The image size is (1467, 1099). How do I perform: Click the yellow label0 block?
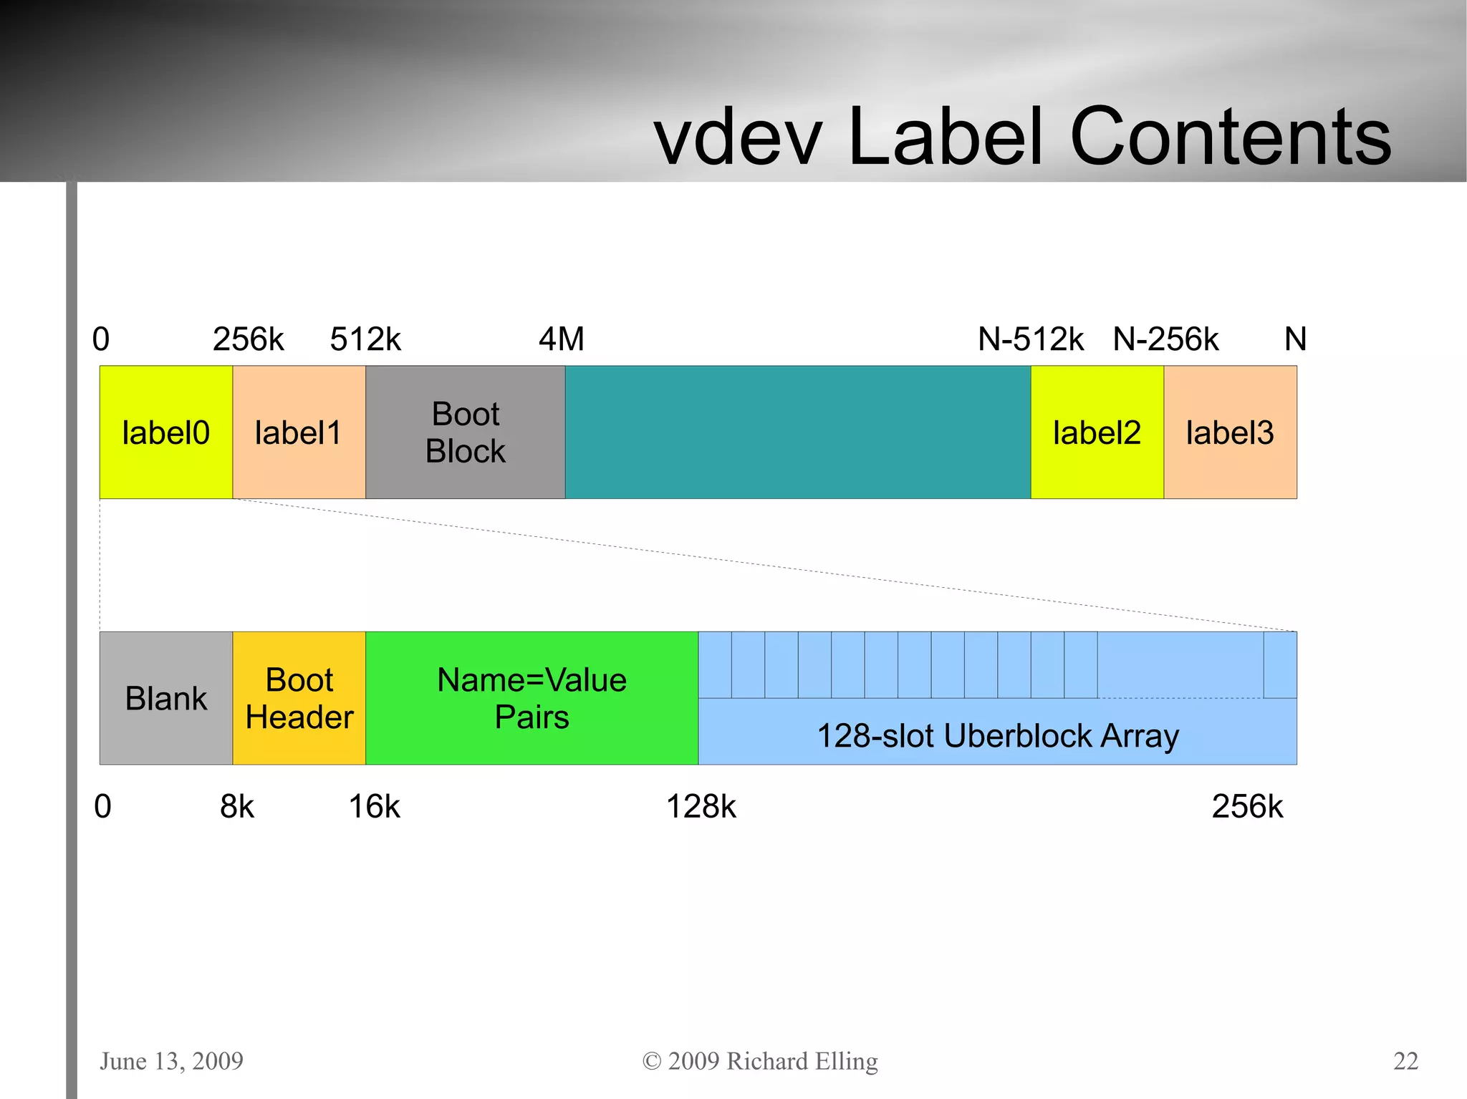pos(165,432)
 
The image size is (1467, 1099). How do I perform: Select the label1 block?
pos(299,432)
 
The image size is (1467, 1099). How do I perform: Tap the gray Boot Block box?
pos(465,432)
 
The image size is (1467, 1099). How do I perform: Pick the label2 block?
pos(1097,432)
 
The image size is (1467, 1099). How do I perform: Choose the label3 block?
pos(1230,432)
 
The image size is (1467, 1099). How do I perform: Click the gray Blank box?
pos(165,698)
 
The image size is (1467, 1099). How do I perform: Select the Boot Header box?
pos(299,698)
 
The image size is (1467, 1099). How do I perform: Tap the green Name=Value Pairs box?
pos(532,698)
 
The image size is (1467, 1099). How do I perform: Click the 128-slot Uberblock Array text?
pos(997,735)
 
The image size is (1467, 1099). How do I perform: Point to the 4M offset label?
pos(562,339)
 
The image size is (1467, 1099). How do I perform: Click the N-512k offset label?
pos(1031,339)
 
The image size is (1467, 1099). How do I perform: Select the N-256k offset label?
pos(1165,339)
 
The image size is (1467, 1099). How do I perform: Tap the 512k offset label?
pos(365,339)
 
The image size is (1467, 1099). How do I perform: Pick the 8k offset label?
pos(237,806)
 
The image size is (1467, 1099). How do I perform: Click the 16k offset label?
pos(374,806)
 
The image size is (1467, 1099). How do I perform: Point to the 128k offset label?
pos(701,806)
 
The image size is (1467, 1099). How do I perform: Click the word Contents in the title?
pos(1230,136)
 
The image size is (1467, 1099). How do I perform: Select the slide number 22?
pos(1405,1060)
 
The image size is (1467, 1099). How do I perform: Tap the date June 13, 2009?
pos(171,1060)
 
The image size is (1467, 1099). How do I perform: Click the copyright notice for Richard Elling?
pos(760,1060)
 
